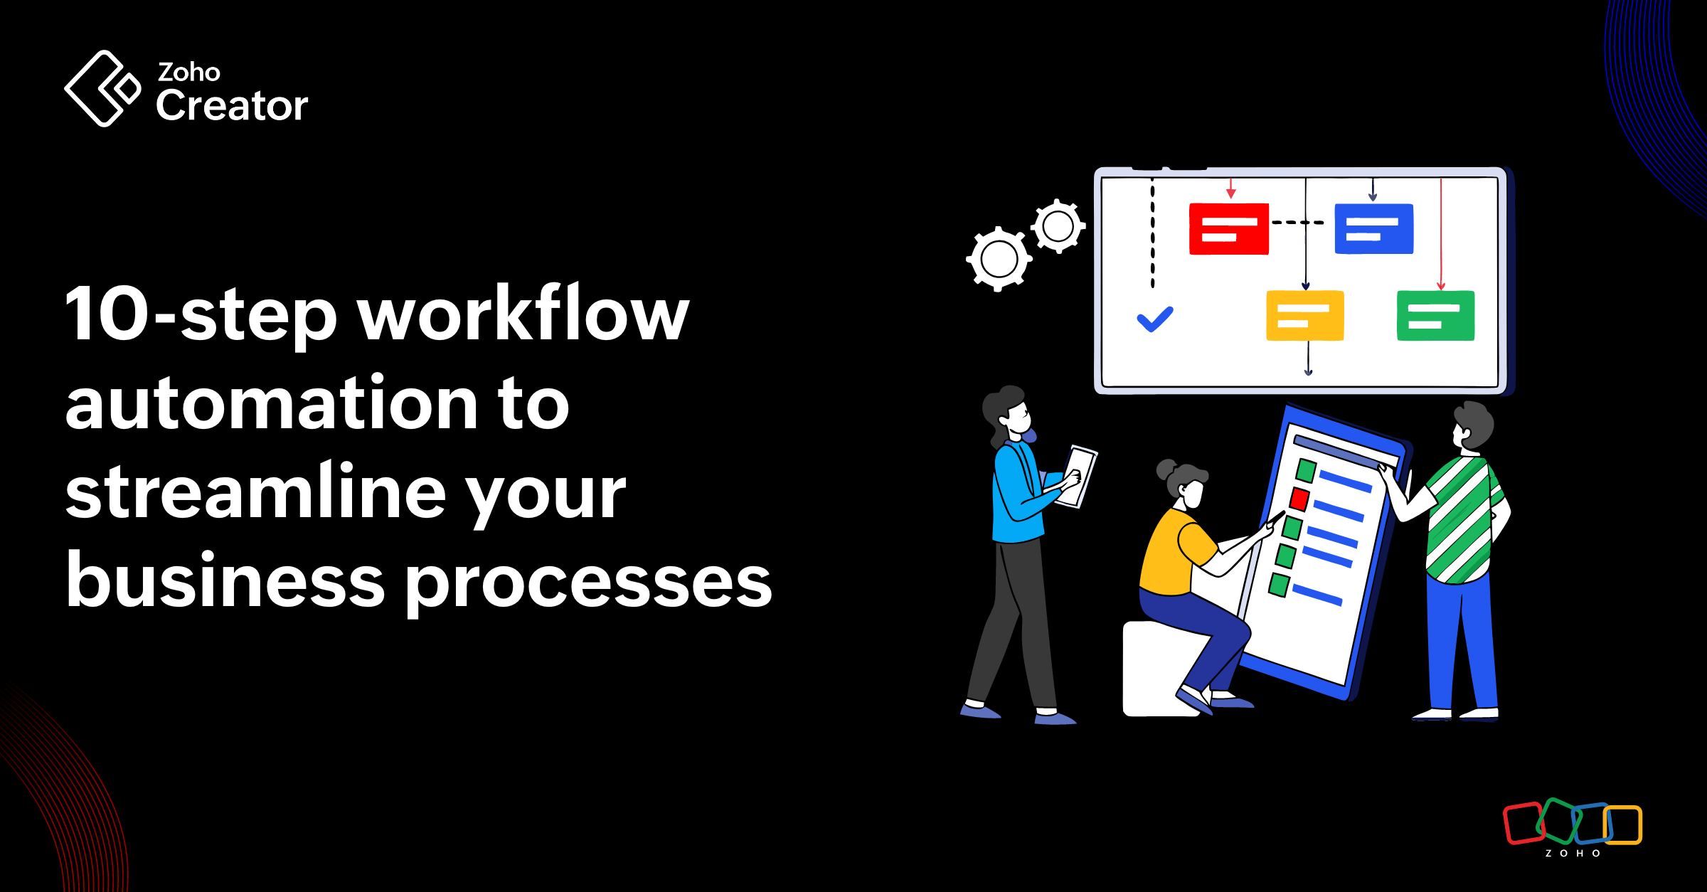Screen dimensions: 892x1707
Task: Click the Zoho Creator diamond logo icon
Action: click(x=102, y=88)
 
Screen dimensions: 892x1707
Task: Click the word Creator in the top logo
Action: click(x=232, y=106)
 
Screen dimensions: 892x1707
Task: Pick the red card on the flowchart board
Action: click(x=1229, y=229)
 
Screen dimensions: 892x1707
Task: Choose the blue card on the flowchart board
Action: click(x=1374, y=229)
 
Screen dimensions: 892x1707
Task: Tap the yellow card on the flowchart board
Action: click(x=1304, y=316)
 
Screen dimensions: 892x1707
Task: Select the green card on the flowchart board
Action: click(x=1435, y=316)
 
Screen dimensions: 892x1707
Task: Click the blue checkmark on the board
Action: click(x=1155, y=319)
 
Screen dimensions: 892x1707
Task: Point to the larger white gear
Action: click(x=999, y=259)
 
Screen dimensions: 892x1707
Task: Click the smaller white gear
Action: click(x=1058, y=226)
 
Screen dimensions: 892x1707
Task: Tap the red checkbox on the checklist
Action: click(x=1299, y=499)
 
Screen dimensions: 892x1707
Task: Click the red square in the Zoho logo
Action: click(x=1522, y=824)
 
